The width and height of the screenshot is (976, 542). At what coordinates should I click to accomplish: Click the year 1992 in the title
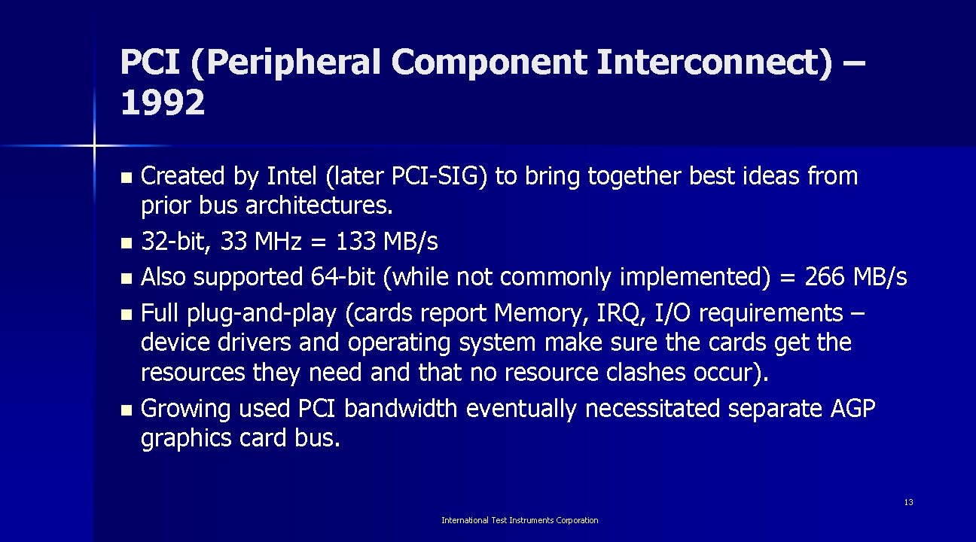[x=162, y=103]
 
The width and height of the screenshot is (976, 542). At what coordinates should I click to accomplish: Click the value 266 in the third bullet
[x=825, y=278]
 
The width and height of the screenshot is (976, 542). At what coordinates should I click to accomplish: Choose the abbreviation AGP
[x=852, y=409]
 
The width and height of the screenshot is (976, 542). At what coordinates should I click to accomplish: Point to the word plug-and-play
[x=246, y=313]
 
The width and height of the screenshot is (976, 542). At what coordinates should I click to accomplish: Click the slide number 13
[x=908, y=502]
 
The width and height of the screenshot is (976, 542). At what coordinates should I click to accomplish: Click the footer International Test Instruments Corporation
[x=520, y=520]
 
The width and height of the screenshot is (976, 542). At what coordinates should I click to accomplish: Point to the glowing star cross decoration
[x=95, y=144]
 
